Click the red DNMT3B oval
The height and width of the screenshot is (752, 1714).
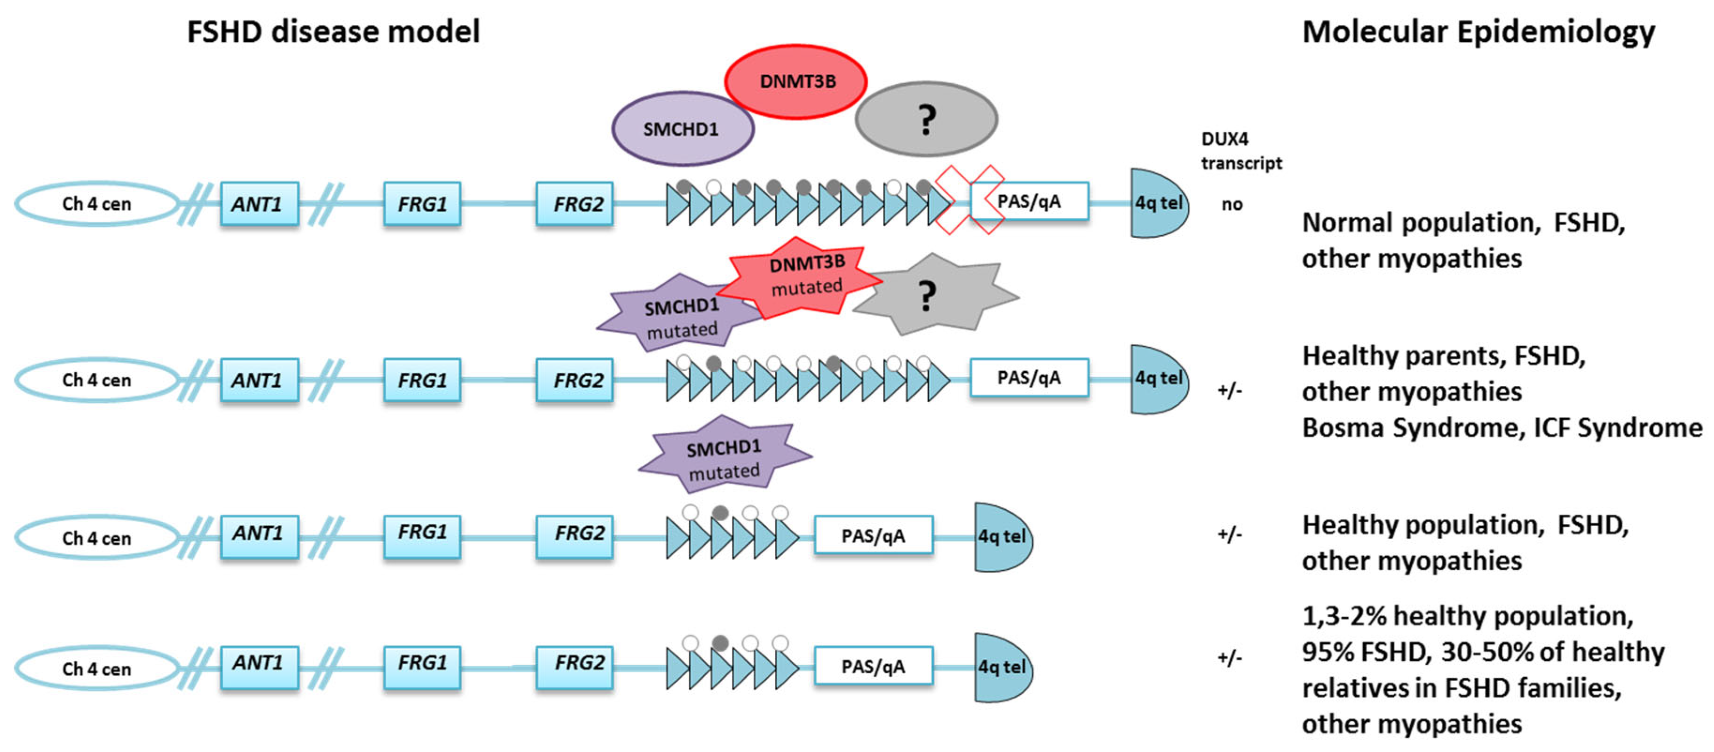point(795,82)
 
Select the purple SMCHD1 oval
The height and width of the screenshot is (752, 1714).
point(682,129)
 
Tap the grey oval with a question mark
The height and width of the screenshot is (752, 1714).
point(926,120)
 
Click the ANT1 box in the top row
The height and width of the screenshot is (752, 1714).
point(259,204)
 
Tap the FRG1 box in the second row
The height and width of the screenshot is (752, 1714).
point(422,380)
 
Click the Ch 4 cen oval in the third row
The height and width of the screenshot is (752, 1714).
point(97,538)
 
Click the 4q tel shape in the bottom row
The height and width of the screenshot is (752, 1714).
point(1001,667)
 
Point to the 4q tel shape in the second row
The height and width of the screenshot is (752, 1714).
point(1158,379)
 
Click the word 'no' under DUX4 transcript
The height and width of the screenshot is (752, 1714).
point(1232,204)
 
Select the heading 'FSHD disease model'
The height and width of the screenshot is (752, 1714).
point(333,31)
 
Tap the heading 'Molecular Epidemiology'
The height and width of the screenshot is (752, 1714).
point(1478,31)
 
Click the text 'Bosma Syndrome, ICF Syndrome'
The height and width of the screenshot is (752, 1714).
point(1501,427)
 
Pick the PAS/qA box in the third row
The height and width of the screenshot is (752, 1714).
point(872,536)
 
